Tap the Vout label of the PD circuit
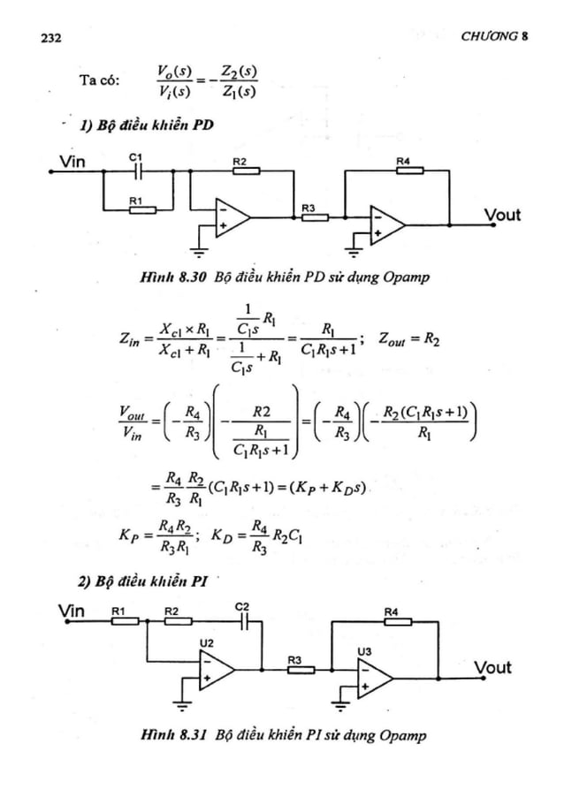click(x=501, y=215)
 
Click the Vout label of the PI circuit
click(x=492, y=667)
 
